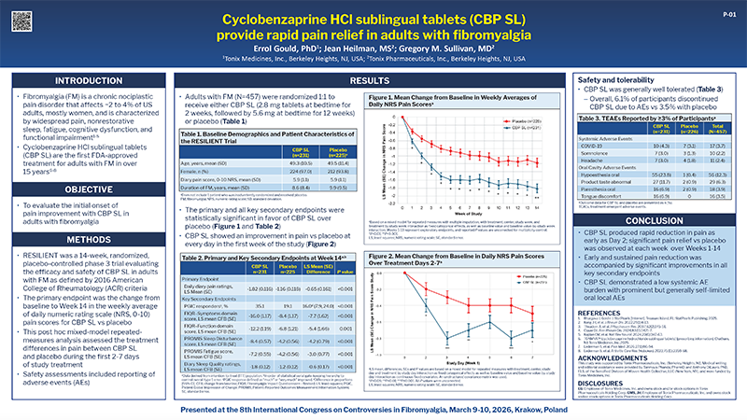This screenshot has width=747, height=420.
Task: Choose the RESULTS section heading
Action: [373, 82]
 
